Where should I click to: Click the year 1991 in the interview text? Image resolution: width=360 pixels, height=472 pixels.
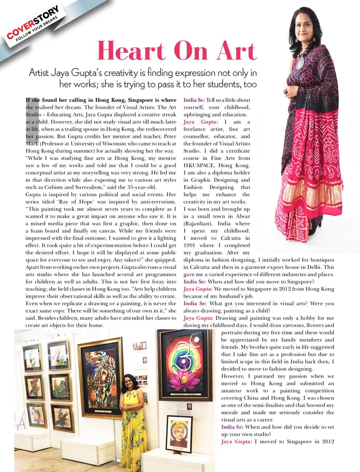click(190, 245)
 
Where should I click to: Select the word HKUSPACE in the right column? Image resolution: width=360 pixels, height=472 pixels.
click(200, 165)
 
